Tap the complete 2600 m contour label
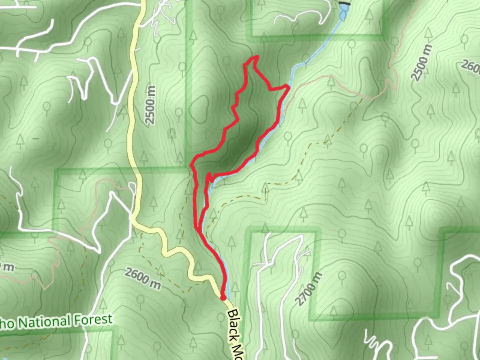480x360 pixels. tap(143, 279)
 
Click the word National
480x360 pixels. tap(44, 322)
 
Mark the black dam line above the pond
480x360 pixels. tap(345, 4)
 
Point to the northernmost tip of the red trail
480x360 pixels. tap(257, 57)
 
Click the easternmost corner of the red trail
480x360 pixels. tap(288, 87)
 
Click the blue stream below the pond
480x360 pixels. tap(317, 50)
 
